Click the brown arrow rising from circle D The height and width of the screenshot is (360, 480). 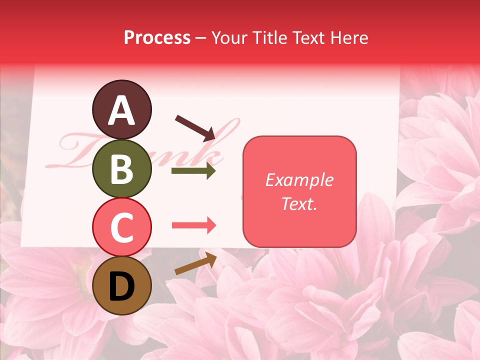195,263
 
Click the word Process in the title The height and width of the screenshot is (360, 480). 157,37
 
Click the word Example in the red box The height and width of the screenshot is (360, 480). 299,180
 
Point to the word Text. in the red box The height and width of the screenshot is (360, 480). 299,203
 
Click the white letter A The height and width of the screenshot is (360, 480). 121,110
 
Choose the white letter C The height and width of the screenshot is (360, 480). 121,227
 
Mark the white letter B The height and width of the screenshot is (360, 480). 121,169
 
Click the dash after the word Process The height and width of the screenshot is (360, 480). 200,38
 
